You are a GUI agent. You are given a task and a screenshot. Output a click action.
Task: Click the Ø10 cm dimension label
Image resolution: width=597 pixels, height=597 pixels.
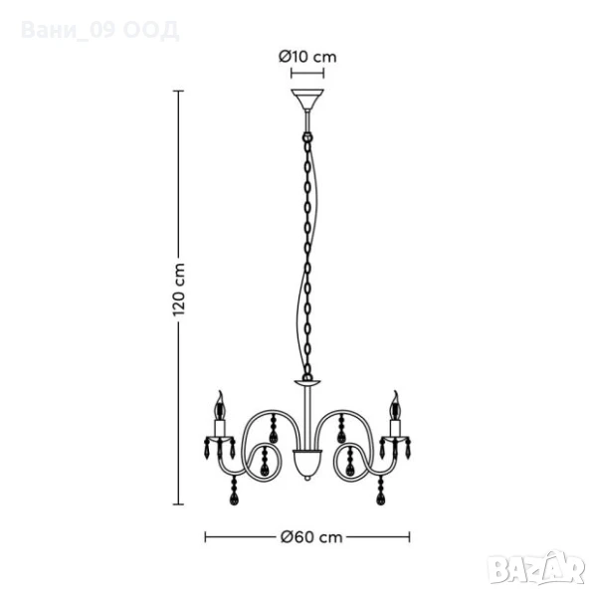point(307,57)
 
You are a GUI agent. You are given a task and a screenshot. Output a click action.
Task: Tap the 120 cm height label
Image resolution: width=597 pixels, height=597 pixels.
point(179,290)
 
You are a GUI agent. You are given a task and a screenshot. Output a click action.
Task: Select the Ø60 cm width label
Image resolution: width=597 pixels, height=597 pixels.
point(311,537)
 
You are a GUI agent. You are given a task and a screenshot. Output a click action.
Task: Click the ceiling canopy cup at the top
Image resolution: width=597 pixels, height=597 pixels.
point(307,99)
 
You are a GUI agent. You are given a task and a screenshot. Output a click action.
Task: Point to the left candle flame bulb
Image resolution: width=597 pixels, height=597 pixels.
point(220,405)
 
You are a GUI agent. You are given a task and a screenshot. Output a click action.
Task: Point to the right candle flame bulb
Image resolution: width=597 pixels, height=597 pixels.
point(395,405)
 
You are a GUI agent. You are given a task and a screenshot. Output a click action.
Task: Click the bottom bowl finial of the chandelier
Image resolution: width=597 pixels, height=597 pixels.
point(307,465)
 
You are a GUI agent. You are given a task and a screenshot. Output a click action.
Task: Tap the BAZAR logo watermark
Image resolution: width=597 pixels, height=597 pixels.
point(537,567)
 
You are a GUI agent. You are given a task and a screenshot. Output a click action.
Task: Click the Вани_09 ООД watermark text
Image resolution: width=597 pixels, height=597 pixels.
point(99,30)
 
